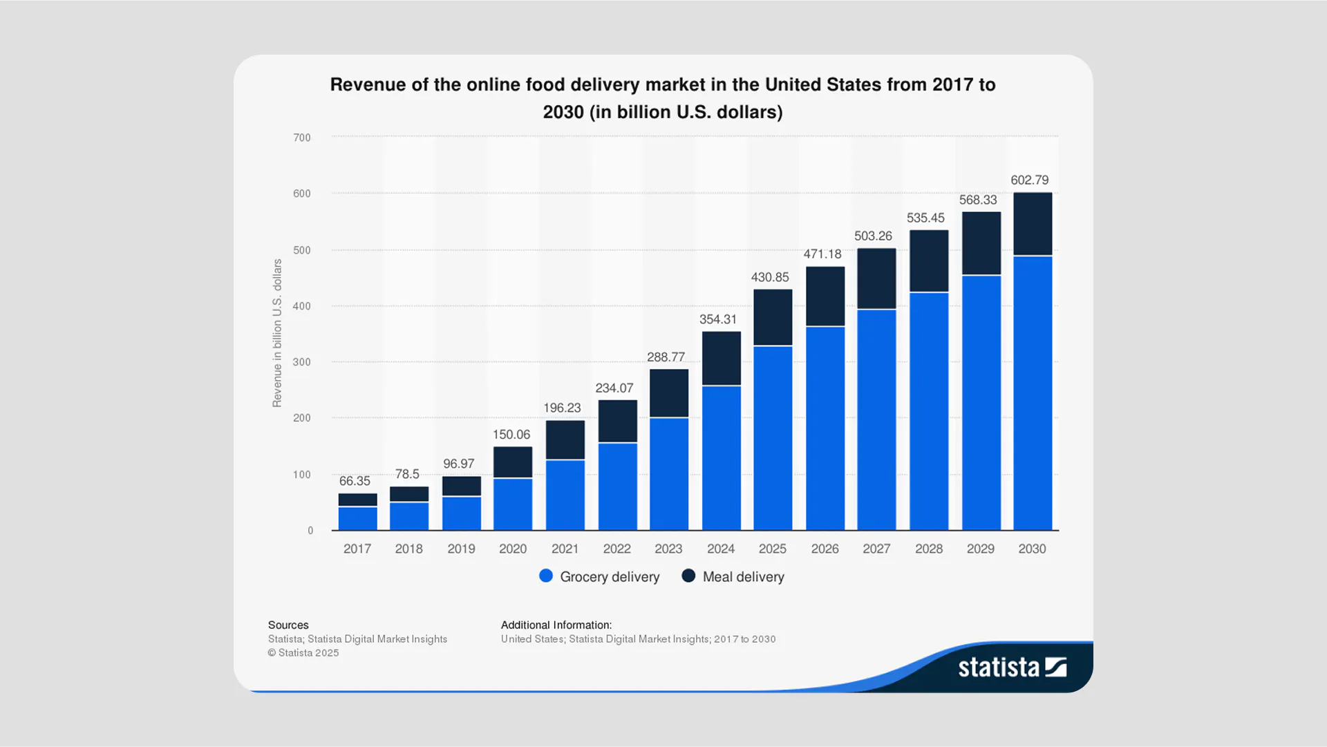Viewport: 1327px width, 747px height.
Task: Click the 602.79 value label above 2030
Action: (1029, 180)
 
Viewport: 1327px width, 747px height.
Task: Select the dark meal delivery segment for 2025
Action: (773, 317)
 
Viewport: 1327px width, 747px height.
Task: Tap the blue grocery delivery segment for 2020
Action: (513, 504)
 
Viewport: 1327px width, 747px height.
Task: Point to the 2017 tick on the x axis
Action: (357, 549)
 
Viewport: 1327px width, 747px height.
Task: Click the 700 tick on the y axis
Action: (302, 138)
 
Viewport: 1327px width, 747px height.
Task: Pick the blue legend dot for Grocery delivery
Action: (546, 576)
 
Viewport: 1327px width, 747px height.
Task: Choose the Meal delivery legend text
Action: (743, 577)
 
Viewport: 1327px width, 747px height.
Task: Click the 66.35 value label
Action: (355, 481)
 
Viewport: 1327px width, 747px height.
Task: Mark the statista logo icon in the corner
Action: (1055, 667)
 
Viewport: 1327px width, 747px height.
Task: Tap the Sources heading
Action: (288, 625)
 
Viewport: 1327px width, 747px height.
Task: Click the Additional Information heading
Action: (556, 625)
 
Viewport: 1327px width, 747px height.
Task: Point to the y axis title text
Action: (277, 333)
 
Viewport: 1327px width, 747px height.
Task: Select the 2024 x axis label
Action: (721, 549)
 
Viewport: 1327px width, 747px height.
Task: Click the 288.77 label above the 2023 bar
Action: (666, 357)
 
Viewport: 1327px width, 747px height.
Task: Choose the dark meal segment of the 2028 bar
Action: (929, 261)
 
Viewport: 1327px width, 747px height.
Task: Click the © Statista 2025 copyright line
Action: (303, 653)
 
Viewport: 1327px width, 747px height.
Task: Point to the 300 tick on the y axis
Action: (302, 362)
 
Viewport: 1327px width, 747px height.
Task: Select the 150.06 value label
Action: (511, 435)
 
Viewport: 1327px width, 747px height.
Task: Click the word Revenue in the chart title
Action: (368, 85)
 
